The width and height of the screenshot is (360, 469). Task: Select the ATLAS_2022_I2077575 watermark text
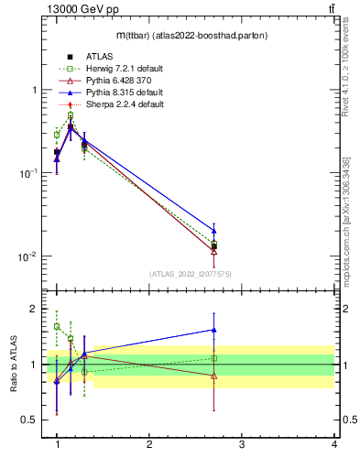[x=190, y=274]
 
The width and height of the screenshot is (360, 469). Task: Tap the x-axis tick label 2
[x=149, y=444]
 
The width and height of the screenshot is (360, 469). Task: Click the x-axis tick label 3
[x=241, y=444]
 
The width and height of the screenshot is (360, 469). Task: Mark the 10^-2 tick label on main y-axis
[x=27, y=256]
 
